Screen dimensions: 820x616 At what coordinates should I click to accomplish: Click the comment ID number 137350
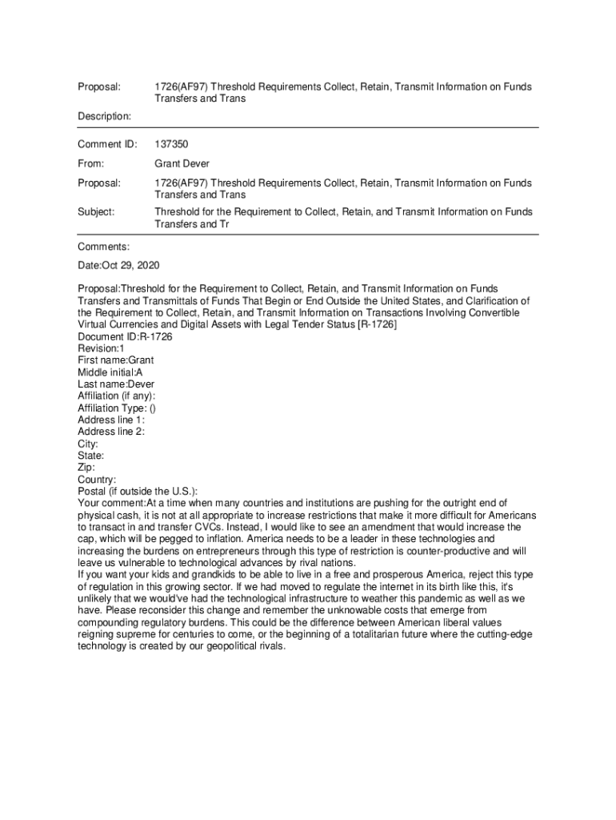tap(170, 145)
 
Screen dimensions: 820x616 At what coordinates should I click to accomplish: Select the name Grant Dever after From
tap(182, 164)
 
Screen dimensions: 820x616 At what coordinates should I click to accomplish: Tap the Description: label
tap(104, 117)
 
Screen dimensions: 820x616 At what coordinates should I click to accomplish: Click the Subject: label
tap(96, 212)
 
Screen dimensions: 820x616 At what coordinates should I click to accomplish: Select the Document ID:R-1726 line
tap(125, 337)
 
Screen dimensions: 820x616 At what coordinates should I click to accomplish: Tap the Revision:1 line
tap(101, 349)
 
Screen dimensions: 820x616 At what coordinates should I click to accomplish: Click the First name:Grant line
tap(115, 360)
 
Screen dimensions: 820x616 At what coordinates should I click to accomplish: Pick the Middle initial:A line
tap(110, 372)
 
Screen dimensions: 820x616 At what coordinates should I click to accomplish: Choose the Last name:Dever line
tap(116, 384)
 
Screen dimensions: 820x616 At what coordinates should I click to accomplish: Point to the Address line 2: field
tap(111, 432)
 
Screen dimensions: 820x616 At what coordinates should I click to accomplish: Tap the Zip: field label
tap(86, 468)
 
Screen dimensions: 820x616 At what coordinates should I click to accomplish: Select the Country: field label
tap(97, 480)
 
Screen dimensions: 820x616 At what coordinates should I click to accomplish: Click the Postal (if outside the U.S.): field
tap(138, 491)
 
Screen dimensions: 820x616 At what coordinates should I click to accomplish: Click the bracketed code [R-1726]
tap(376, 325)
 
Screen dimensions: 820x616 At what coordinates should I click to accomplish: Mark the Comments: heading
tap(103, 247)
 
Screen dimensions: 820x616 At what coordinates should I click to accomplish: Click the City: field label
tap(88, 444)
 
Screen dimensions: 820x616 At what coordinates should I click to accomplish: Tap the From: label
tap(90, 164)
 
